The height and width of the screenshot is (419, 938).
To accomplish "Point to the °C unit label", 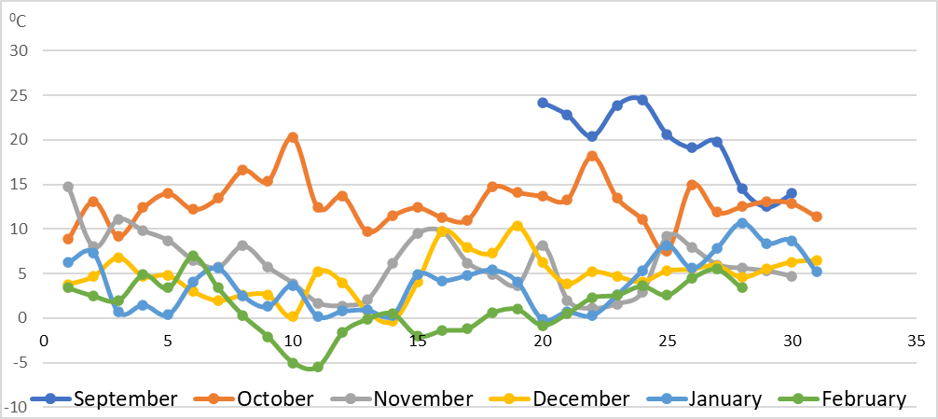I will pos(17,21).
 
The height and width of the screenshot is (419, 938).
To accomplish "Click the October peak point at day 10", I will pos(293,137).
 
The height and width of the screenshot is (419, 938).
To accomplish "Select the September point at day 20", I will pos(543,103).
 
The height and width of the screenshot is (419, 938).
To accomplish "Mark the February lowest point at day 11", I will pos(318,367).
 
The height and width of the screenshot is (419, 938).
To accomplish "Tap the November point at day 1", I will pos(68,187).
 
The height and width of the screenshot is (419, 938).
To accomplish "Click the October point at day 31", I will pos(817,216).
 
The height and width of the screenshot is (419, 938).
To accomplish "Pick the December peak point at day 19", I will pos(517,226).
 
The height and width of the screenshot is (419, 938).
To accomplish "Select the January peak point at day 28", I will pos(742,223).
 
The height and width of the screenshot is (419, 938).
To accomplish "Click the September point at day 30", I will pos(792,193).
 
